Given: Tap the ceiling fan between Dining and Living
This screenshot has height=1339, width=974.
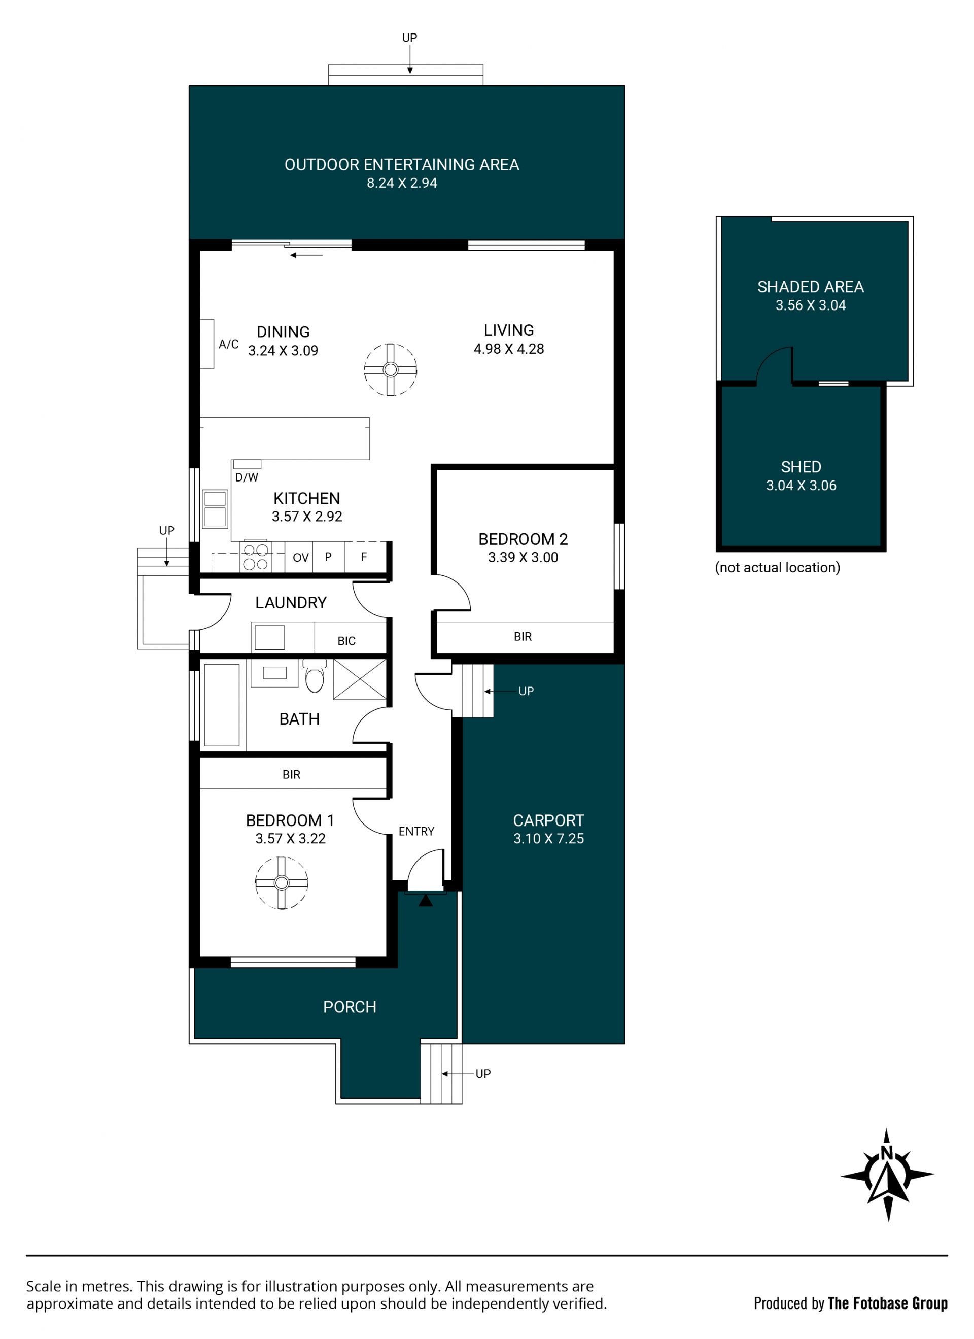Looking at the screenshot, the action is click(390, 369).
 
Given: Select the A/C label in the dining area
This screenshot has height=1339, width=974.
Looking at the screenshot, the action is click(228, 344).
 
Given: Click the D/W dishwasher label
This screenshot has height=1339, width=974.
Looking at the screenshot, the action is click(247, 477).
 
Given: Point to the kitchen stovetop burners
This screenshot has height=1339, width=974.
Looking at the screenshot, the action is click(256, 557).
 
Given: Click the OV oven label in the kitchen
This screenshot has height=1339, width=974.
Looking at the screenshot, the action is click(300, 557).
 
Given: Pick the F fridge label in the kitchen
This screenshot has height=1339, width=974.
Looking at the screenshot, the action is click(364, 556).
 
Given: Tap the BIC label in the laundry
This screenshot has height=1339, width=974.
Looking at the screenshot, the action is click(346, 641).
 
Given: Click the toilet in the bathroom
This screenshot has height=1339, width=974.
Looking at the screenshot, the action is click(315, 675).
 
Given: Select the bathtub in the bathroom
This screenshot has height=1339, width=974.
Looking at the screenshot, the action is click(222, 705).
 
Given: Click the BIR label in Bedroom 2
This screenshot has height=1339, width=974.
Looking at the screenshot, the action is click(523, 636).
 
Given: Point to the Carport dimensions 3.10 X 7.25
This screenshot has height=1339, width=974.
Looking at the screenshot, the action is click(548, 838).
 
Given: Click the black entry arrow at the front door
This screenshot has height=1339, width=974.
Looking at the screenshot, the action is click(425, 900).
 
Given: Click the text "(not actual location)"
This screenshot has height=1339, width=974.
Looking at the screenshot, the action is click(778, 567).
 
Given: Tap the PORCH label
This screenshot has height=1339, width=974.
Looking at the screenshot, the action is click(350, 1007).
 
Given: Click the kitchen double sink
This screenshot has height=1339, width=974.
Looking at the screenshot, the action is click(215, 508).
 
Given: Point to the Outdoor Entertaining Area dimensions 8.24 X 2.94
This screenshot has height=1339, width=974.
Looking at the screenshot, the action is click(402, 183).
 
